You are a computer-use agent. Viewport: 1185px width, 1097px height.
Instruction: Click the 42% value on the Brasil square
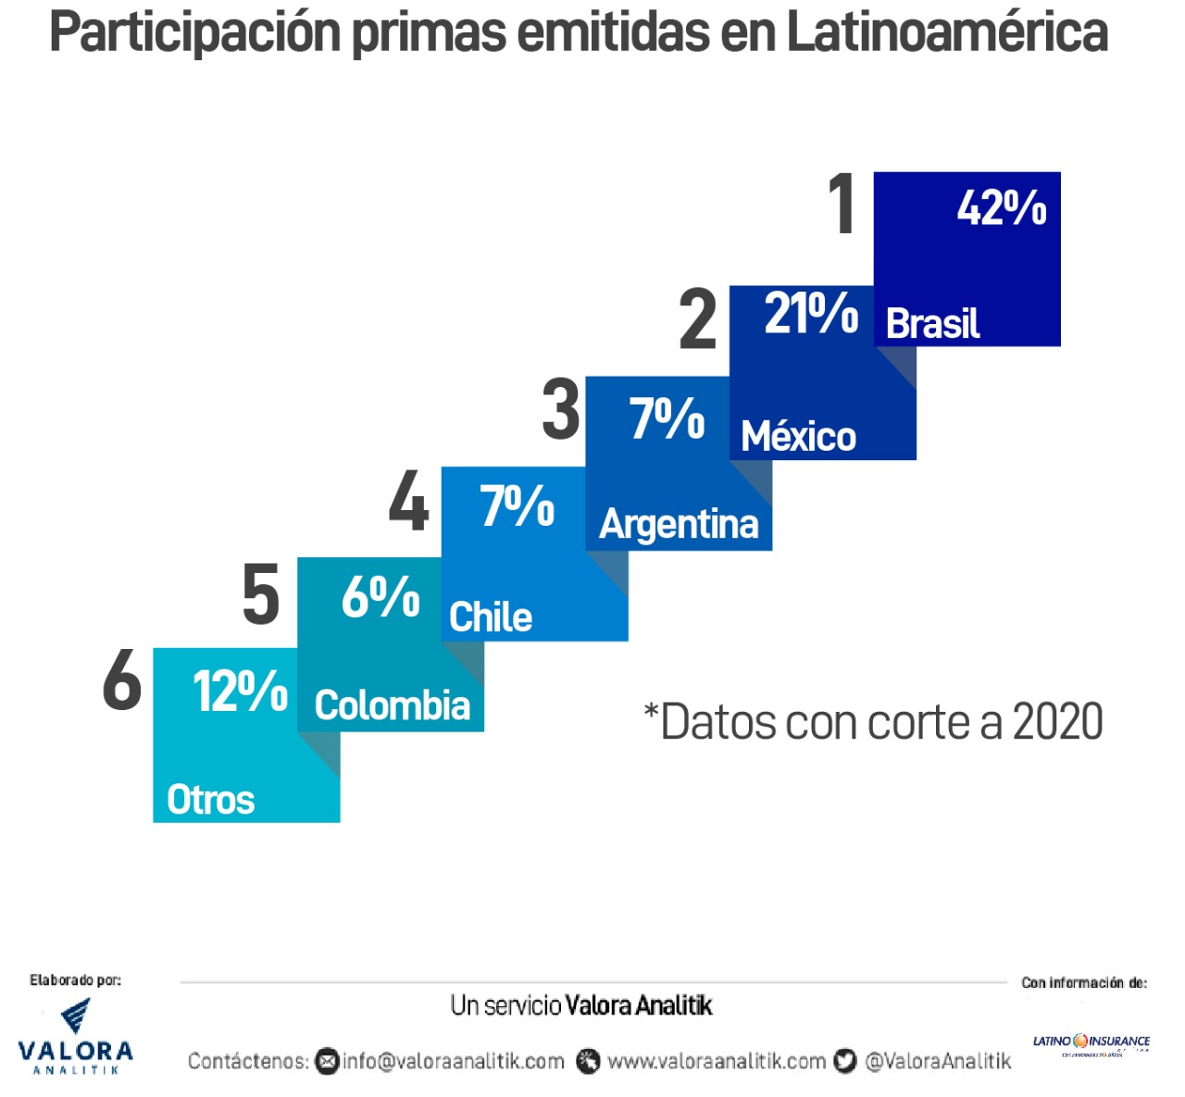[1002, 207]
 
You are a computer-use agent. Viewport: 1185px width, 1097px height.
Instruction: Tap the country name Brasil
[932, 324]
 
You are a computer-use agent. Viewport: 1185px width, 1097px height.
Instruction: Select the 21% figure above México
[811, 313]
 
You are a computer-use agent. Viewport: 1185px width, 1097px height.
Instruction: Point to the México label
[798, 436]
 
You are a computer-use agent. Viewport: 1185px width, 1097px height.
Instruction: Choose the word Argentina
[679, 524]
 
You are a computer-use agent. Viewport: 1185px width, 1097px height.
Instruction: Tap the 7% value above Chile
[517, 506]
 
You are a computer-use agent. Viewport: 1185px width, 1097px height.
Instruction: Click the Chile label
[491, 617]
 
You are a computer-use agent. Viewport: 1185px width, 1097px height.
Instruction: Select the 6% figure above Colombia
[380, 597]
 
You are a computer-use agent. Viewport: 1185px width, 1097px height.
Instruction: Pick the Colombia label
[393, 705]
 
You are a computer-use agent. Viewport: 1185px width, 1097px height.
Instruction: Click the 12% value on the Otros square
[240, 691]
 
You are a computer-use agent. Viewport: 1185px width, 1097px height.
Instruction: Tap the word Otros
[210, 800]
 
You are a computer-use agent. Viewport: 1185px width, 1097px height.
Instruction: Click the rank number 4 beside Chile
[408, 501]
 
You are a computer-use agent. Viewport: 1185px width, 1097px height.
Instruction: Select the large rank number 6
[122, 680]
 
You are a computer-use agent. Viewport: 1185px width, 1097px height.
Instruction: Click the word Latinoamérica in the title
[947, 32]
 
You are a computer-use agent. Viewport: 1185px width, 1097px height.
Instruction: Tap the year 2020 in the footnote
[1057, 722]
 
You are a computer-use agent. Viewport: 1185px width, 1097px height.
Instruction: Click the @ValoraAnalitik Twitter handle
[937, 1061]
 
